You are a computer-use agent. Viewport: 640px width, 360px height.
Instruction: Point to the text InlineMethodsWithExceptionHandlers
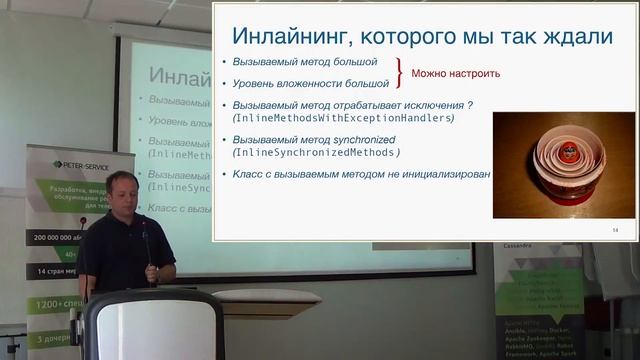[343, 119]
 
